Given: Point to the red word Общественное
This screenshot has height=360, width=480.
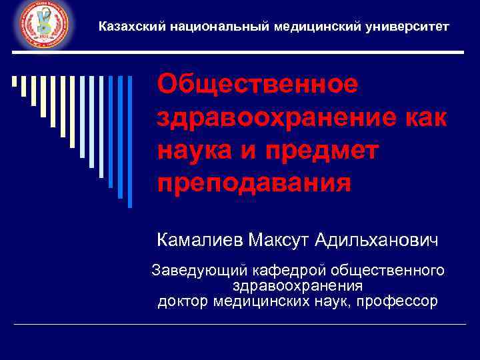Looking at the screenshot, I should [257, 85].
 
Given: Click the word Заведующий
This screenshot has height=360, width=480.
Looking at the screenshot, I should [199, 271].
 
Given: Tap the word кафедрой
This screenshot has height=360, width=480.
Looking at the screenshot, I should [287, 271].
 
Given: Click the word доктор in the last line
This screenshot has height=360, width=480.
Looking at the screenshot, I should [183, 301].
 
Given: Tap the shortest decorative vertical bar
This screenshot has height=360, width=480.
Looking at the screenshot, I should [14, 83].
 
